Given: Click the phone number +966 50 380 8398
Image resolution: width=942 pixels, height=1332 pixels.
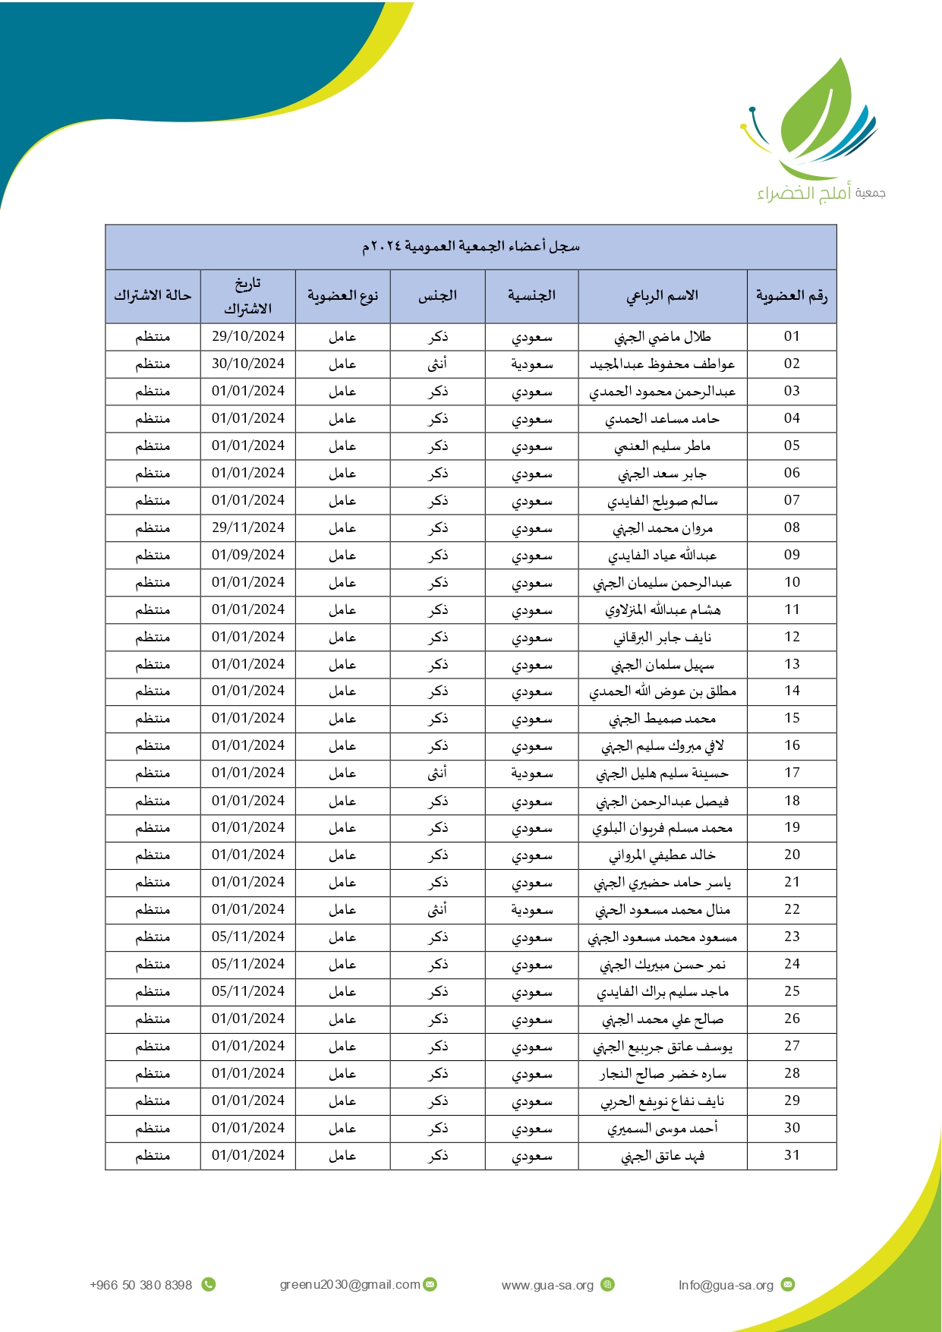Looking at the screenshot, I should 140,1285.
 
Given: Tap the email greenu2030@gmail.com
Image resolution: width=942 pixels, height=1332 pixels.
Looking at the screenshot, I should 350,1284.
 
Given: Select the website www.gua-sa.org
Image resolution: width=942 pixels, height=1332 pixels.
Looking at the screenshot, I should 547,1285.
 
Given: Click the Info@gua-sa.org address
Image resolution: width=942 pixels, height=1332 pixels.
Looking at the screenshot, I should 726,1285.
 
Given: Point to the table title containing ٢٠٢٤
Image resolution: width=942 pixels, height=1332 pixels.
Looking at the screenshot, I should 471,247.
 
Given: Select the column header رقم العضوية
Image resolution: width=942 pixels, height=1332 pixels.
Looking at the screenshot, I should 791,296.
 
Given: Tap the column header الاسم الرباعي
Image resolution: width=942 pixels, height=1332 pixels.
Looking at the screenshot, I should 662,296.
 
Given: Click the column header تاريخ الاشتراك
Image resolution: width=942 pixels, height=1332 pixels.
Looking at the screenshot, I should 247,296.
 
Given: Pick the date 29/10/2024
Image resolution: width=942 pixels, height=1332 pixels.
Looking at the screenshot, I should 247,336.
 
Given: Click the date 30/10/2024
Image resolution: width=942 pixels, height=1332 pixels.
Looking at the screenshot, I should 247,364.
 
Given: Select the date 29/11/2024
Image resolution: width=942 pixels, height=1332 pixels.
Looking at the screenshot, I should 247,527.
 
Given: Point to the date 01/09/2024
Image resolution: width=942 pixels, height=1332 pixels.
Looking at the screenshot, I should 247,555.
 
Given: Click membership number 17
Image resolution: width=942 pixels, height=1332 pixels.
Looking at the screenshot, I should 792,773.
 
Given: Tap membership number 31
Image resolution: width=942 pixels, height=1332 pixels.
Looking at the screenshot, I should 792,1155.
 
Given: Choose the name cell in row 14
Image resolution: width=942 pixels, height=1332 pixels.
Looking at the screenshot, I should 662,691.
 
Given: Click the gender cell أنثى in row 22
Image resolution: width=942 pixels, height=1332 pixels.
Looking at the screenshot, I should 437,909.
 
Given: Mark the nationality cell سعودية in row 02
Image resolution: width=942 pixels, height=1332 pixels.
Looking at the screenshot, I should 531,364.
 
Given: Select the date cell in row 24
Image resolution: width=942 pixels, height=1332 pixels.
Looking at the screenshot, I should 247,964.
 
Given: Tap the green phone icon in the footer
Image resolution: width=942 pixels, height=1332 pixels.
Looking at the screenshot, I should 209,1284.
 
